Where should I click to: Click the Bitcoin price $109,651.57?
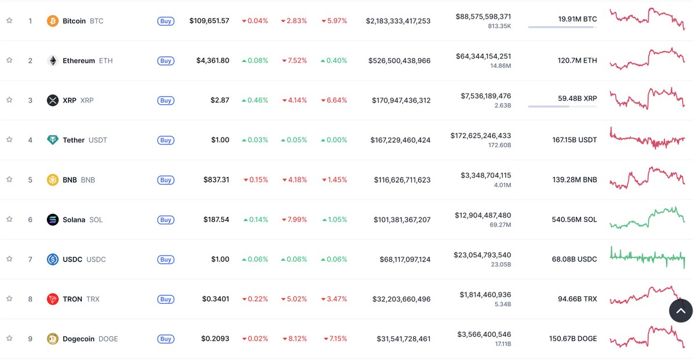click(x=209, y=21)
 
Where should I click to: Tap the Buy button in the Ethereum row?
click(x=166, y=61)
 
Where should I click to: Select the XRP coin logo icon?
click(x=53, y=100)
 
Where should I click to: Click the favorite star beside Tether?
click(x=9, y=140)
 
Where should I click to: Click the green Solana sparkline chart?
click(x=647, y=218)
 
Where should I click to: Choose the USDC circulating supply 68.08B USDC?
click(x=574, y=259)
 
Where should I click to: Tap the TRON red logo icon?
click(x=53, y=299)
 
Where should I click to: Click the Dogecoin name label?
click(x=79, y=339)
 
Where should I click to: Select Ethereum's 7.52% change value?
click(x=294, y=61)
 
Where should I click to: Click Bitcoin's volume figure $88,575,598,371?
click(x=483, y=17)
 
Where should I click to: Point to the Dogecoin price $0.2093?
click(x=215, y=339)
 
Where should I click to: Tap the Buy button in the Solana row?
click(x=166, y=220)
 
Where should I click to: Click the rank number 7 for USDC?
click(x=30, y=259)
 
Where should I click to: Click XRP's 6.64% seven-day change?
click(x=334, y=100)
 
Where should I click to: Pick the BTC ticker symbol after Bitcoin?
click(x=97, y=21)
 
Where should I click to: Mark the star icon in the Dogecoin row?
click(x=9, y=338)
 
